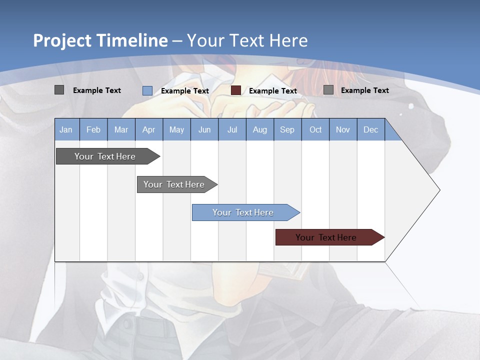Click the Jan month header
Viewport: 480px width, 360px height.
66,129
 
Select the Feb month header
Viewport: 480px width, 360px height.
93,129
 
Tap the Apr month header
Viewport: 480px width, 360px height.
148,129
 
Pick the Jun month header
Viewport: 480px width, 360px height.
204,129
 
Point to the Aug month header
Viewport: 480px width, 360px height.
259,129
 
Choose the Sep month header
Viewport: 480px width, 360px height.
287,129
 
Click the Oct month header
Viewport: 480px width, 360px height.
315,129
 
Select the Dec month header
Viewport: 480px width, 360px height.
370,129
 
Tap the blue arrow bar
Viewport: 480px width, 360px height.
243,212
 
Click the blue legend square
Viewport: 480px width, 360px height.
147,90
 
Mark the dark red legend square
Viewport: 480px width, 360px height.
236,90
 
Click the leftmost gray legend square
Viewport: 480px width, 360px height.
59,90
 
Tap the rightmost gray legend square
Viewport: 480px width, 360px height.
328,90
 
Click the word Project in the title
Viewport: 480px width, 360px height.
62,40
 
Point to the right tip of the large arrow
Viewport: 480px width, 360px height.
439,190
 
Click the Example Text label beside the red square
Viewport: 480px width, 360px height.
272,91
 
